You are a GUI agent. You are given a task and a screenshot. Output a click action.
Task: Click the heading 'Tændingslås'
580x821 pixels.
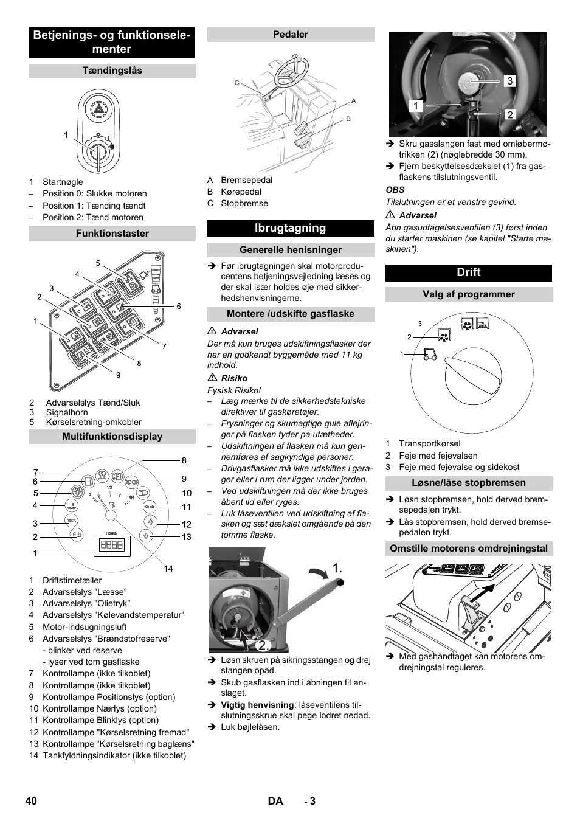(x=112, y=71)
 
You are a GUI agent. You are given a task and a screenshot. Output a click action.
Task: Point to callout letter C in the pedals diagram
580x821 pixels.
(x=237, y=83)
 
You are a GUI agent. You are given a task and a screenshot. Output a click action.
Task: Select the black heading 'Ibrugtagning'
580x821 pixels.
(x=290, y=228)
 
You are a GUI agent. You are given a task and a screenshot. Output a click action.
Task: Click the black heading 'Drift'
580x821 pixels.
(x=468, y=272)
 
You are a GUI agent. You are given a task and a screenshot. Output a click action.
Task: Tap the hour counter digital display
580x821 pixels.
(x=112, y=545)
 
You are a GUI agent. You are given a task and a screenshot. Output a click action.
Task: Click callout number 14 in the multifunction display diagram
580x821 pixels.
(x=168, y=569)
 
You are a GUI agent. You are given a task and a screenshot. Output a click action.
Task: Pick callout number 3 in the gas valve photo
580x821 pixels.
(x=509, y=81)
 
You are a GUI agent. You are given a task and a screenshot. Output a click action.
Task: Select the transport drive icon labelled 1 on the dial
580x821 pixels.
(x=430, y=355)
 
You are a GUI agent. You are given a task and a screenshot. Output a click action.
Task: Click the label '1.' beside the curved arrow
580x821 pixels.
(x=337, y=568)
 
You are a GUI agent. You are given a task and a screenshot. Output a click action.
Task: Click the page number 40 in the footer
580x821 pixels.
(x=32, y=801)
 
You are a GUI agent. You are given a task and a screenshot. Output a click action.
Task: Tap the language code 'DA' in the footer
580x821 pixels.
(x=275, y=801)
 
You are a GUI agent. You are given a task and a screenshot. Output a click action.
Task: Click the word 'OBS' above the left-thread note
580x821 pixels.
(x=395, y=190)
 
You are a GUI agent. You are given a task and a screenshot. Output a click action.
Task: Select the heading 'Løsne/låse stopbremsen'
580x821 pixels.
(x=468, y=483)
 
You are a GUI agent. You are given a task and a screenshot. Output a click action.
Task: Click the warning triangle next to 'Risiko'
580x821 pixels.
(x=212, y=378)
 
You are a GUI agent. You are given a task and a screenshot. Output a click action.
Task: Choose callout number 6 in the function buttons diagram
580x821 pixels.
(x=179, y=307)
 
